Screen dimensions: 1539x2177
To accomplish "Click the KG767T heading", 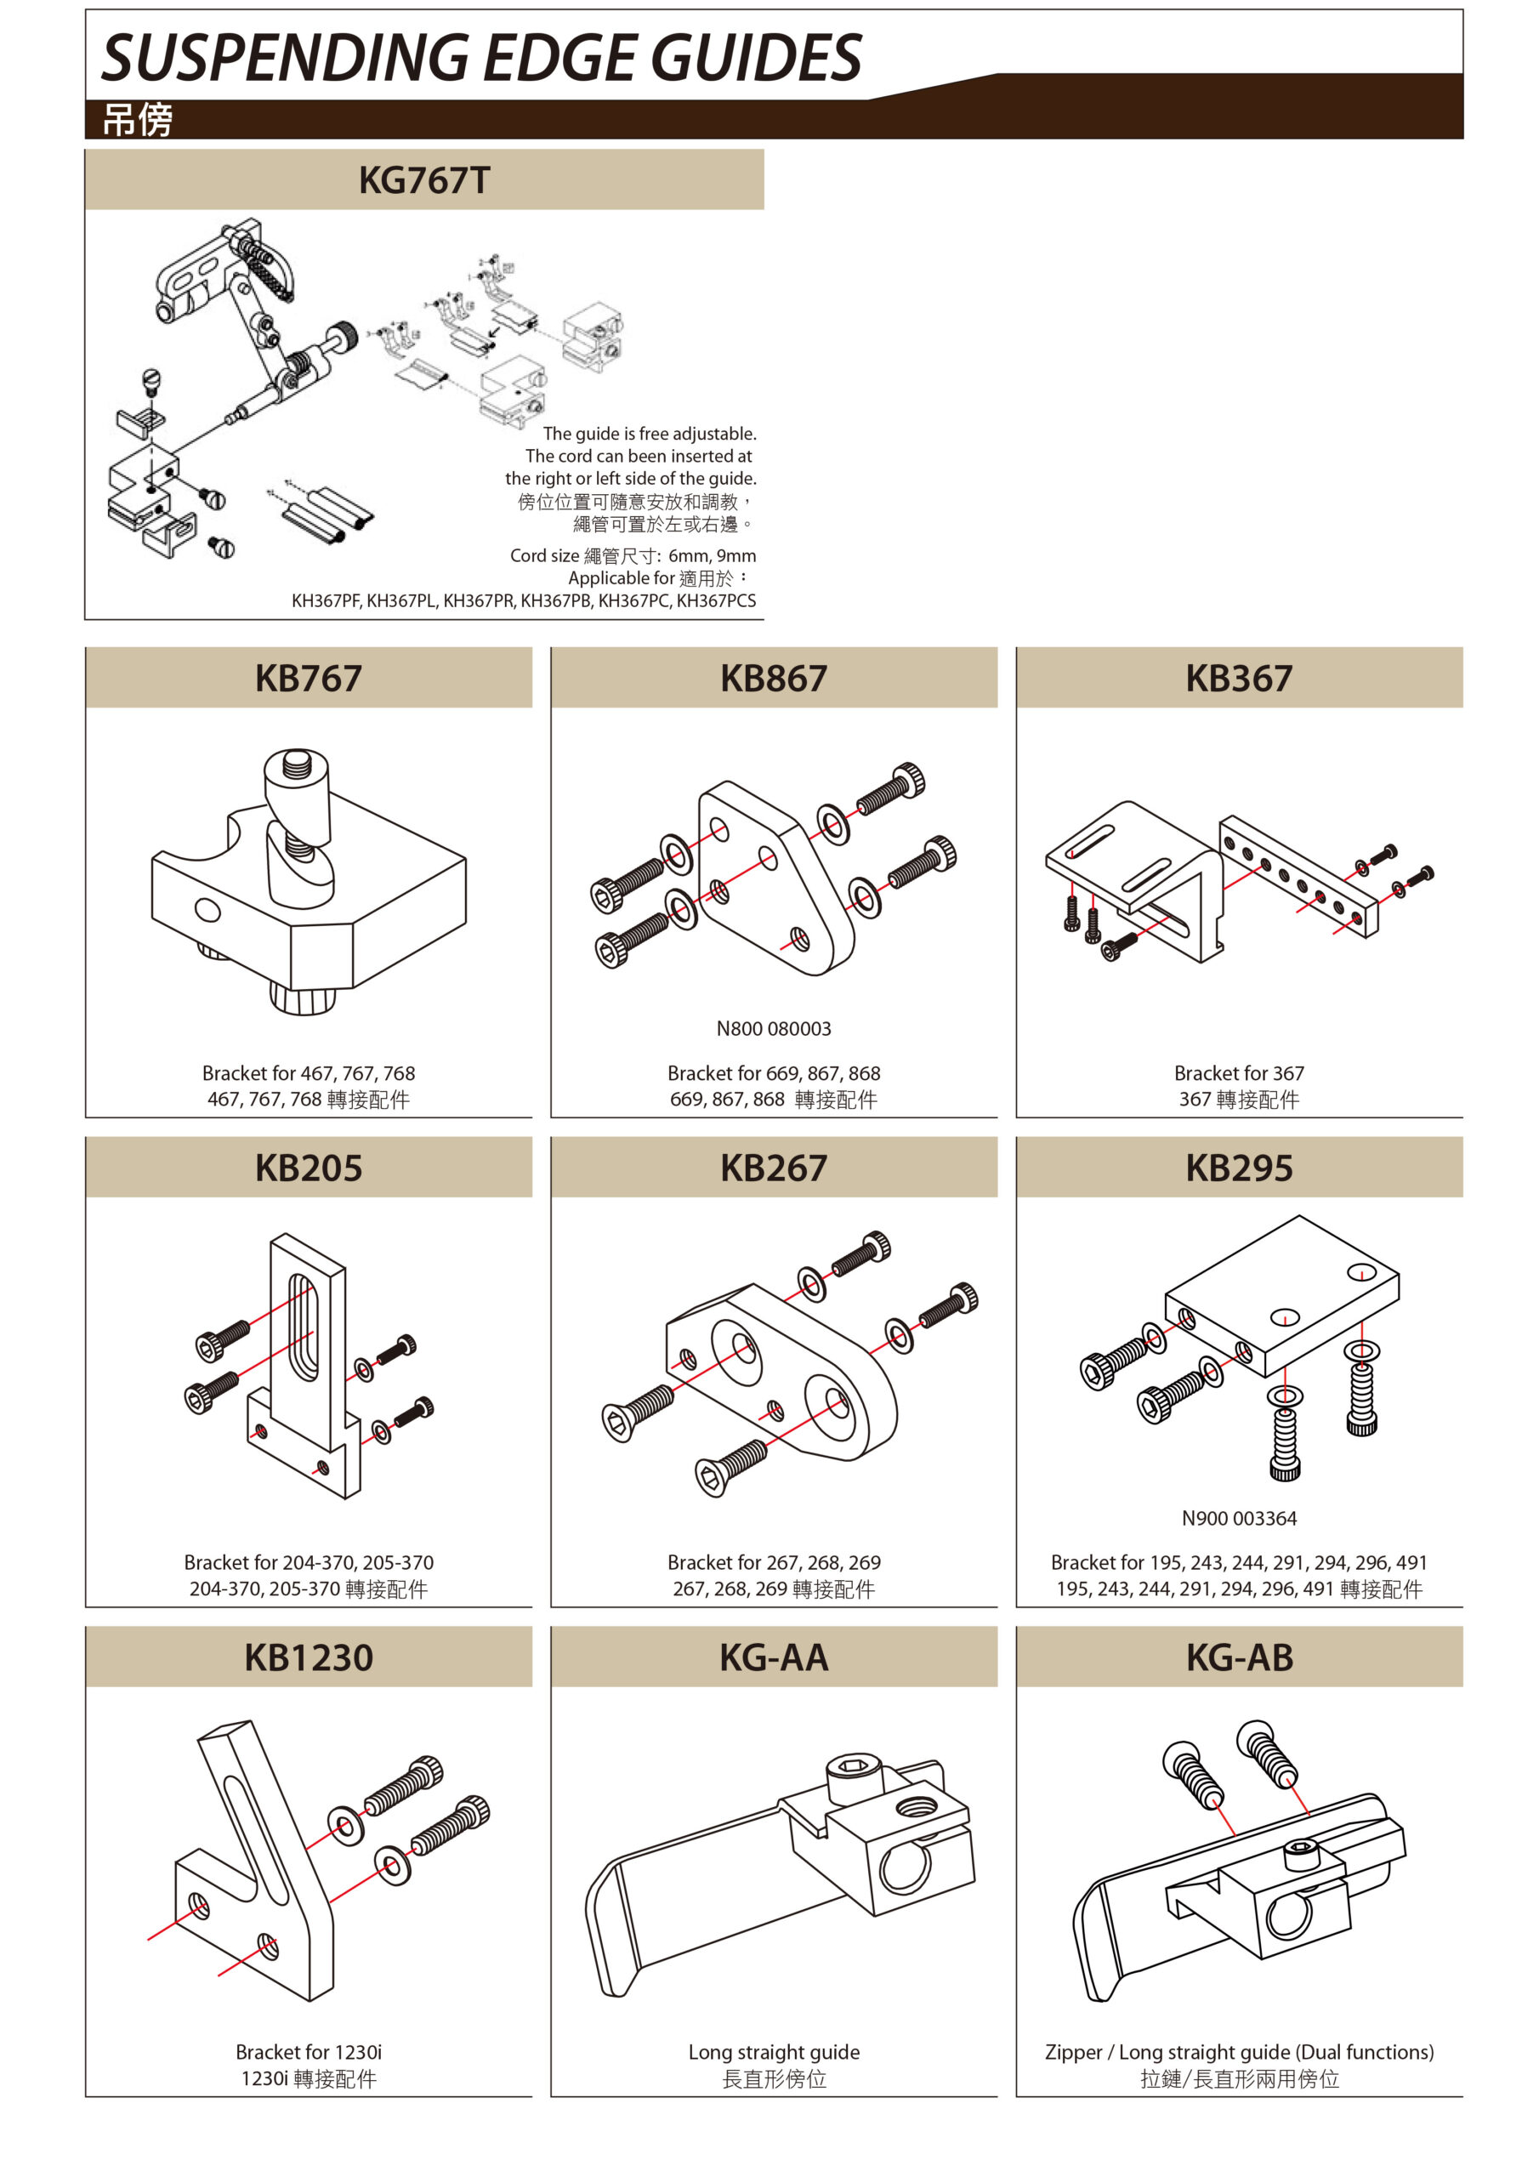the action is [x=424, y=180].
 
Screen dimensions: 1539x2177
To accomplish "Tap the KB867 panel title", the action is [x=774, y=678].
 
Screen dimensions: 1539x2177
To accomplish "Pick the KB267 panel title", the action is [x=774, y=1168].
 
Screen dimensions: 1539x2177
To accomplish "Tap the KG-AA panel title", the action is [x=774, y=1657].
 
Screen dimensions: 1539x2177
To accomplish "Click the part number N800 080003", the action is [x=774, y=1029].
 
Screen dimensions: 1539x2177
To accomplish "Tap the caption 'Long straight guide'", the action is [x=774, y=2052].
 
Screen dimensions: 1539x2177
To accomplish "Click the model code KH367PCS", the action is [x=716, y=600].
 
